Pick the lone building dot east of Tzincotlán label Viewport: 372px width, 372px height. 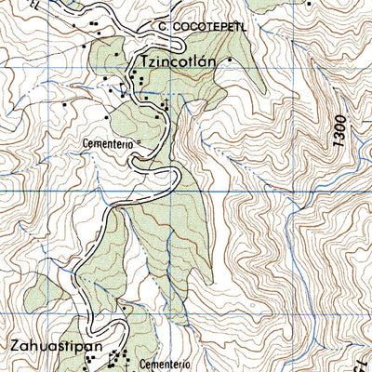pyautogui.click(x=231, y=64)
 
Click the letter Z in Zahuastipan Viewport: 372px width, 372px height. pyautogui.click(x=15, y=346)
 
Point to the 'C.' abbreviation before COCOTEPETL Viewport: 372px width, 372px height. pyautogui.click(x=163, y=28)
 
